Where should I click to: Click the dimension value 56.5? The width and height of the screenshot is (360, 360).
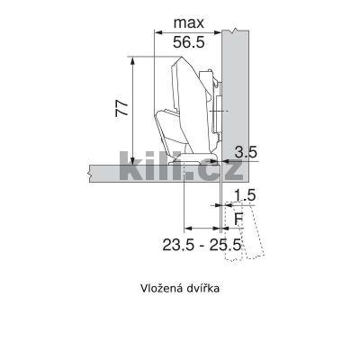coord(189,41)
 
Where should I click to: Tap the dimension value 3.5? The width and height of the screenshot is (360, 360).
coord(246,152)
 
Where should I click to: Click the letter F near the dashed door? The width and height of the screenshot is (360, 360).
coord(238,217)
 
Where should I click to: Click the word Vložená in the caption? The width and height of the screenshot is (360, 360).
coord(160,290)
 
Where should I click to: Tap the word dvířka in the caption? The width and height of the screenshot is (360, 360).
coord(202,290)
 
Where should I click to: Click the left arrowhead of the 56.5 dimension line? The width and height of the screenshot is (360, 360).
coord(159,32)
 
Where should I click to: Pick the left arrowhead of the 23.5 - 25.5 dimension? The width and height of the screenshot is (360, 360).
coord(186,227)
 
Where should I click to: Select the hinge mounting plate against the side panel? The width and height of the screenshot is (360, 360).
coord(215,108)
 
